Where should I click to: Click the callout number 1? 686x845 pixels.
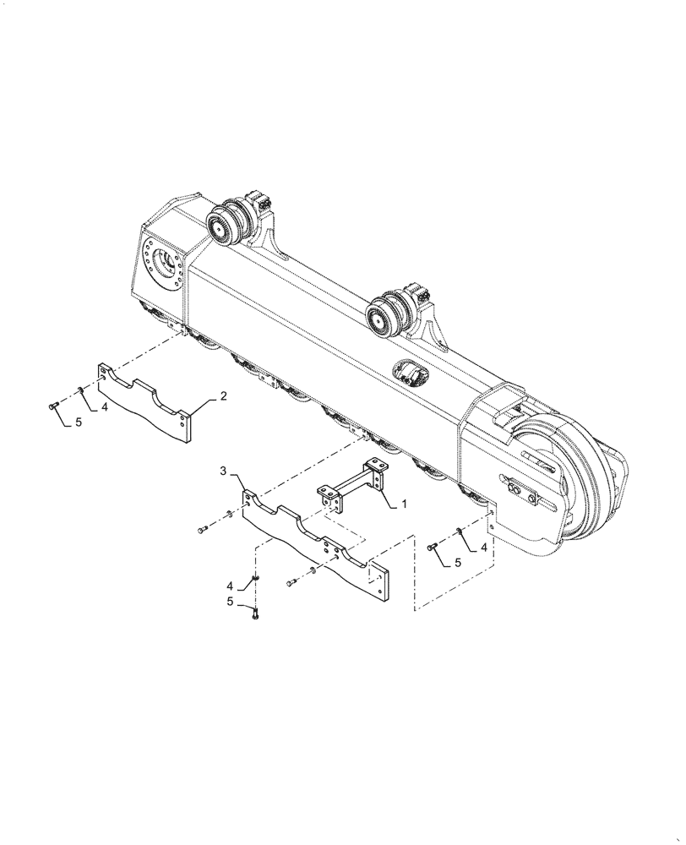click(404, 503)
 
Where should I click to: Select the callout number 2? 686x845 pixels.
click(223, 395)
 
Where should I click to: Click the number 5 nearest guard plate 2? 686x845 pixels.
click(79, 422)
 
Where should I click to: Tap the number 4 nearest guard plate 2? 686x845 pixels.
click(106, 407)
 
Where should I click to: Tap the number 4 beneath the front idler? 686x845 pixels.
click(484, 548)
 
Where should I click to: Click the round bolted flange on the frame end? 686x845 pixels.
click(163, 270)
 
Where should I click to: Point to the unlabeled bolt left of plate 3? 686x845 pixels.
click(203, 529)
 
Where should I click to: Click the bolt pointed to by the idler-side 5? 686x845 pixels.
click(433, 547)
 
